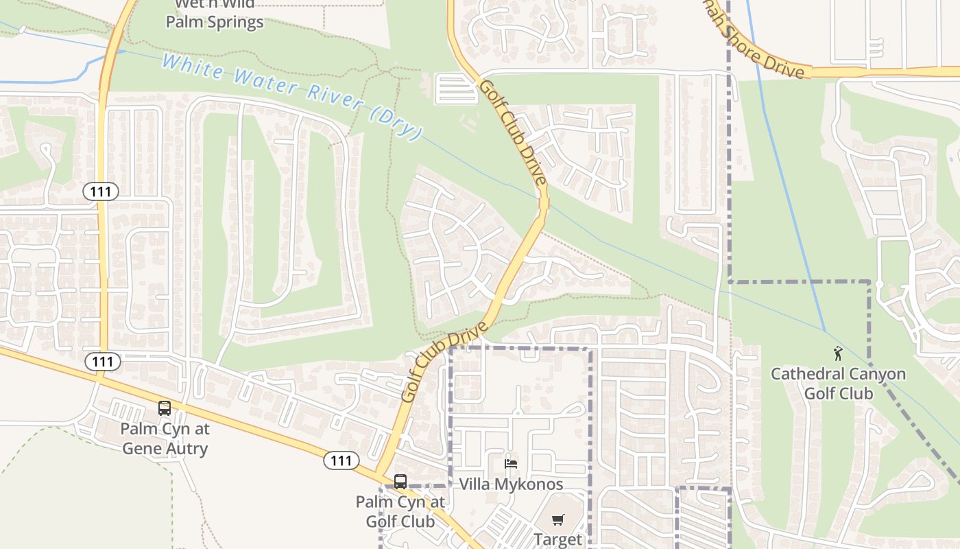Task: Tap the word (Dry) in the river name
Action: tap(395, 123)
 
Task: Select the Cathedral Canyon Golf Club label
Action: tap(838, 384)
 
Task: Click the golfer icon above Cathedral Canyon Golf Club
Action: tap(837, 354)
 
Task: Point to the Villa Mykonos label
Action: tap(511, 484)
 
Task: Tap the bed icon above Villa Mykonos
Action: tap(511, 464)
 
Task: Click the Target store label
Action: tap(557, 539)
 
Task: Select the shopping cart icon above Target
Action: tap(558, 519)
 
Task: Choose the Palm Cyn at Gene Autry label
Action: tap(165, 439)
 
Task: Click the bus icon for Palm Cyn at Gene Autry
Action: tap(165, 408)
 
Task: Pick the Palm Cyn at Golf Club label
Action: tap(395, 511)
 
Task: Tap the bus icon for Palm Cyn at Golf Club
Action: tap(400, 482)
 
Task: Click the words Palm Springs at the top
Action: tap(215, 22)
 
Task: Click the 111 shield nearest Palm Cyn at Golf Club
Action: tap(341, 460)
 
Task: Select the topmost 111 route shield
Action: tap(101, 191)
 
